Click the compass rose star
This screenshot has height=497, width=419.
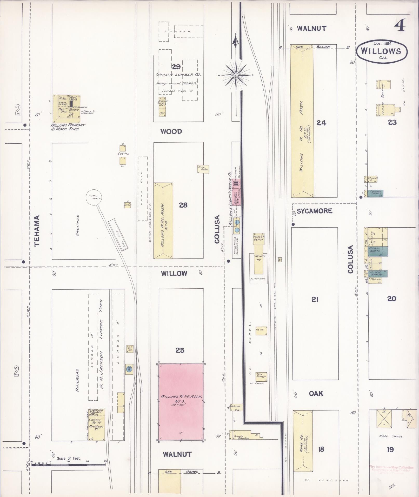236,75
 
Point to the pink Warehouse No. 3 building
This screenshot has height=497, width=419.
181,402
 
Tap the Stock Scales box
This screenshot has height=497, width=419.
203,169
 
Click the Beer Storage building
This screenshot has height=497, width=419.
261,376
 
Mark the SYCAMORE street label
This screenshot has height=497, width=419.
315,211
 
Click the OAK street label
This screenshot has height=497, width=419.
316,394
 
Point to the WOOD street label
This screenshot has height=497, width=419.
171,131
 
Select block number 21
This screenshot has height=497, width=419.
315,300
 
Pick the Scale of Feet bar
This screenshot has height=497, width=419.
69,464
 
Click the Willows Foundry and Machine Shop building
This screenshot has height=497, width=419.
66,109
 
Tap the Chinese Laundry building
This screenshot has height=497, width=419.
375,193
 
